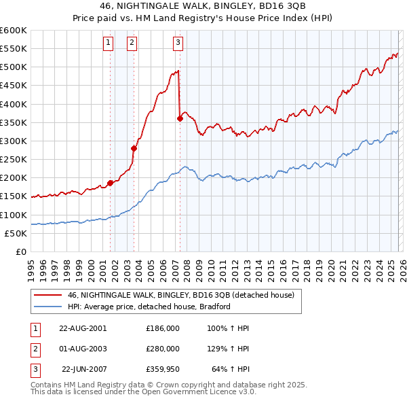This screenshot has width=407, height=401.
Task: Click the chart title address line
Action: [203, 7]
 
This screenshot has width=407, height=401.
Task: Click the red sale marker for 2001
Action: [110, 183]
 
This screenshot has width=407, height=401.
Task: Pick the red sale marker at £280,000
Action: [134, 148]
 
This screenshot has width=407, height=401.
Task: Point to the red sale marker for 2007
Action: [180, 119]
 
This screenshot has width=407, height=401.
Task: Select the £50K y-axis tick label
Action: [16, 233]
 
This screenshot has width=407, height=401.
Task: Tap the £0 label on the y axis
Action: [20, 251]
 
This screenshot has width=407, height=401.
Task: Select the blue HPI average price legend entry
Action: [149, 307]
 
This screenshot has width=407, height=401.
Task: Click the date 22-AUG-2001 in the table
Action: [83, 328]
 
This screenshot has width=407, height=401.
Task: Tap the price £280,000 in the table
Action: [163, 349]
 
